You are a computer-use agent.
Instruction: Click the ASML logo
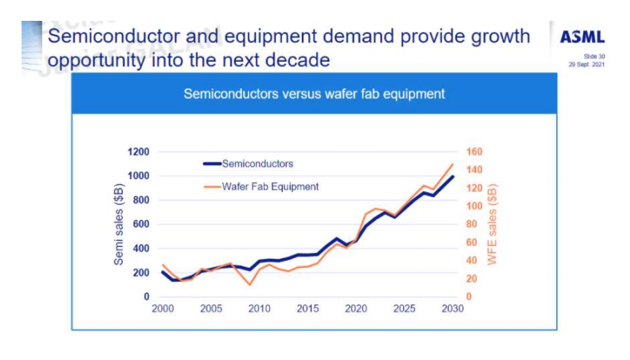[582, 37]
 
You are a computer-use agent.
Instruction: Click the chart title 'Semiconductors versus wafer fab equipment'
[314, 94]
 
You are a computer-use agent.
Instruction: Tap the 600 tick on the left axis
[141, 224]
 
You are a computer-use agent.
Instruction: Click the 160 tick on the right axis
[474, 152]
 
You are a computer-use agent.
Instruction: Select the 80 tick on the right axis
[471, 224]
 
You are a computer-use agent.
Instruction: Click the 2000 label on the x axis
[163, 309]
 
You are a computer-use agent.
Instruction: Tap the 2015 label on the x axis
[308, 309]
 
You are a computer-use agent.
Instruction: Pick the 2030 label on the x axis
[452, 309]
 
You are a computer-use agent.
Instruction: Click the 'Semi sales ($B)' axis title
[118, 224]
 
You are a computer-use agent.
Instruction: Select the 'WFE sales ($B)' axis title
[491, 224]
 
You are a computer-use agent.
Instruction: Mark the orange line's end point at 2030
[452, 164]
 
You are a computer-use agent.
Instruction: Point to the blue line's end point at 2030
[452, 177]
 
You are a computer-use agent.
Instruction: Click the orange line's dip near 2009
[249, 284]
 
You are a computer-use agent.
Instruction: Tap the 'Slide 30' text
[595, 57]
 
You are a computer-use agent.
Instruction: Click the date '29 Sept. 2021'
[588, 65]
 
